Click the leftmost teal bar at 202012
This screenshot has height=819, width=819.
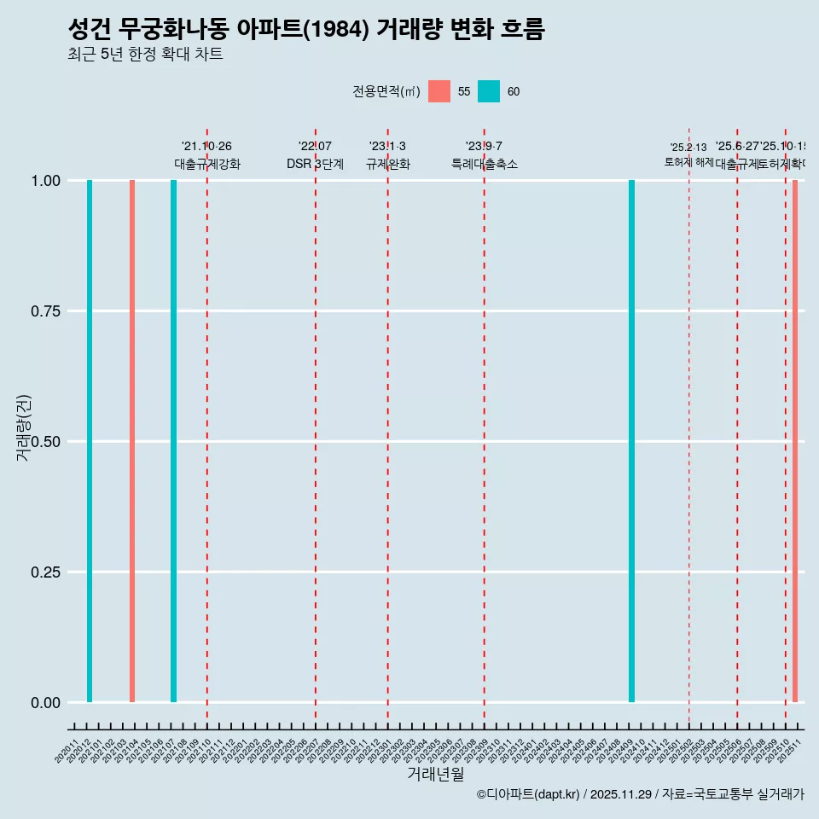tap(90, 441)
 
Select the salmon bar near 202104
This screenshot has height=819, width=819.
tap(132, 441)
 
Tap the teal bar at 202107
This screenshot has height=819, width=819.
tap(173, 441)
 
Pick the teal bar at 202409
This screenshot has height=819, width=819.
tap(631, 441)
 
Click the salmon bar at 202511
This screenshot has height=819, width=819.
tap(794, 441)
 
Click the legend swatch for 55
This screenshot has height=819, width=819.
tap(439, 91)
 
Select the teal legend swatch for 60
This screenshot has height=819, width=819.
tap(489, 91)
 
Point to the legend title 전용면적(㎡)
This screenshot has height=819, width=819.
tap(386, 91)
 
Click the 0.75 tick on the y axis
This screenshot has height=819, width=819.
tap(44, 311)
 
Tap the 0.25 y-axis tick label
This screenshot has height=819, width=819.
tap(44, 572)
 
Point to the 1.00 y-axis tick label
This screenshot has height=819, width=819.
tap(44, 181)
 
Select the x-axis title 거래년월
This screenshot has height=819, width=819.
tap(435, 775)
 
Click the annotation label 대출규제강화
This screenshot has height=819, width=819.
tap(207, 164)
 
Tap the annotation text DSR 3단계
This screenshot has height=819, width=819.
tap(315, 164)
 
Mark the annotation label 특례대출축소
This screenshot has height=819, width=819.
tap(485, 164)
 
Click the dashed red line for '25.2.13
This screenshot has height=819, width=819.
tap(689, 427)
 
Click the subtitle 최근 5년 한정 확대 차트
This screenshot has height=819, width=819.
tap(145, 55)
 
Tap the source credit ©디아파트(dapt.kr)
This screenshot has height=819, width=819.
tap(528, 794)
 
